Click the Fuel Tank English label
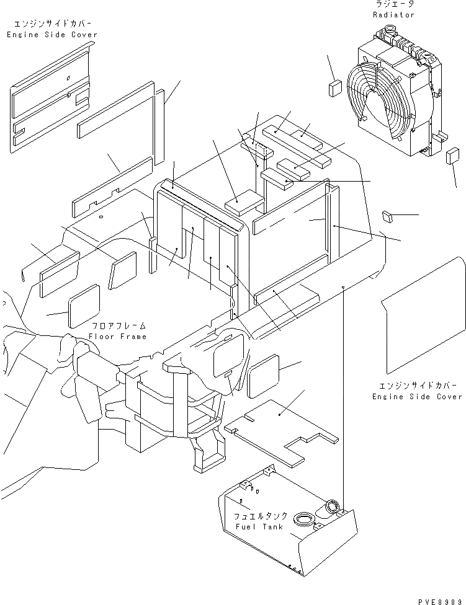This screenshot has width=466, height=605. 259,527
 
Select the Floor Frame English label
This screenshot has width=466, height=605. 117,337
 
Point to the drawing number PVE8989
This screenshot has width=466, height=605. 441,600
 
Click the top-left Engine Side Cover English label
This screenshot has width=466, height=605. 52,35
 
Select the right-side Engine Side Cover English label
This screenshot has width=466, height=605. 417,396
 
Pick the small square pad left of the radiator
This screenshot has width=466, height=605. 335,87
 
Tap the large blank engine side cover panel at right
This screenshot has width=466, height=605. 422,316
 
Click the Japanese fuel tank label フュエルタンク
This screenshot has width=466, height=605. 260,516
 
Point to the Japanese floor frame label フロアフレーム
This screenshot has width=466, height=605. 118,326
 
